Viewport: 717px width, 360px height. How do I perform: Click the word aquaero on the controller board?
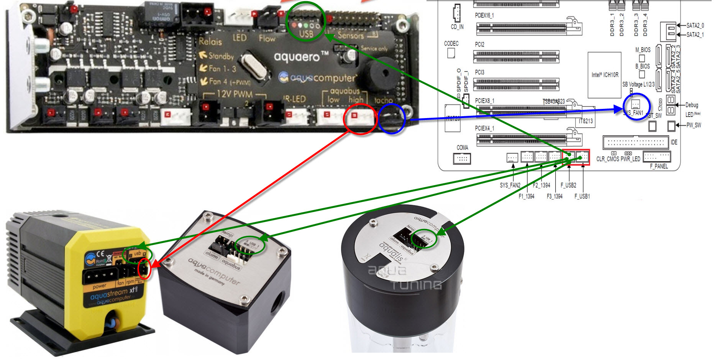[297, 57]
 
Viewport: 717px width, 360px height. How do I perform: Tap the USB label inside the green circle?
[306, 34]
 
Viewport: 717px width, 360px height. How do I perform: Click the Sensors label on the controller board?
[350, 35]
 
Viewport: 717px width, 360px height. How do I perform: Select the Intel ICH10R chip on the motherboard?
[604, 75]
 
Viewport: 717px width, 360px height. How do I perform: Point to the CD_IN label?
[457, 27]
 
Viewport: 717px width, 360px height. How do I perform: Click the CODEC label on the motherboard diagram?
[451, 43]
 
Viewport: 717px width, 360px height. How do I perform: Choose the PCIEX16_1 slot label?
[484, 15]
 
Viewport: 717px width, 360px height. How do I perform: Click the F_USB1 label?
[582, 196]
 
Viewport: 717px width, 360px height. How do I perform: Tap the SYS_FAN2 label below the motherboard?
[510, 185]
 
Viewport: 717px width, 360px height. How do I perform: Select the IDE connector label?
[674, 142]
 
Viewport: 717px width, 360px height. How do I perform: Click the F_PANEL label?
[659, 166]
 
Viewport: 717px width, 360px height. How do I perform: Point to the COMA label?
[462, 148]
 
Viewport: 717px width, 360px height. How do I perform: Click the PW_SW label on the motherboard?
[693, 125]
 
